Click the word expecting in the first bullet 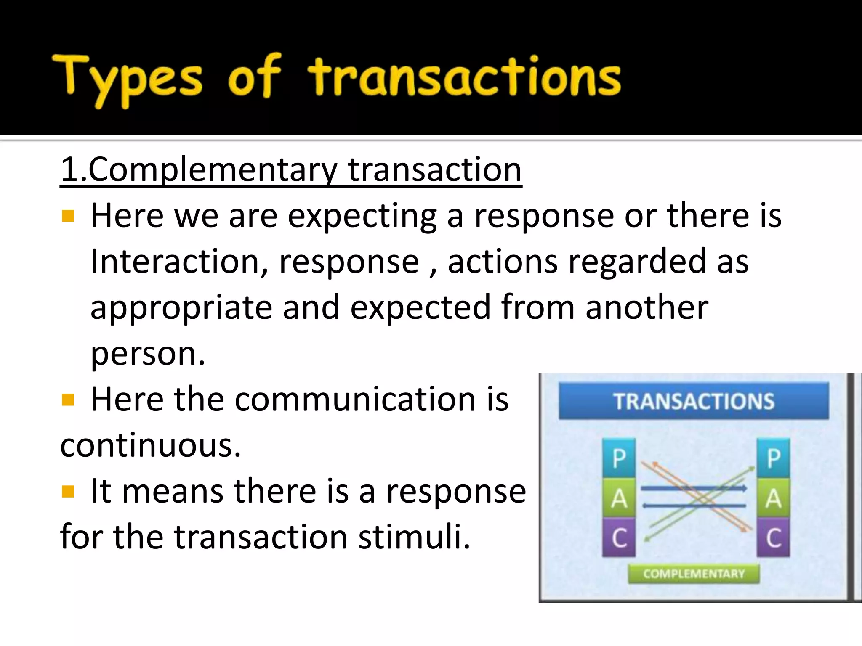(362, 216)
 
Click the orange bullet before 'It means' (68, 491)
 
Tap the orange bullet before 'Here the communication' (68, 400)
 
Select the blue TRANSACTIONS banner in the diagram (693, 401)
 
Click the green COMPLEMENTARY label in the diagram (694, 574)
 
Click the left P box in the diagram (619, 458)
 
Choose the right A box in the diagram (773, 498)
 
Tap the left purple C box (619, 537)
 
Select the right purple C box (773, 537)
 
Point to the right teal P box (773, 458)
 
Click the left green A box (619, 498)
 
